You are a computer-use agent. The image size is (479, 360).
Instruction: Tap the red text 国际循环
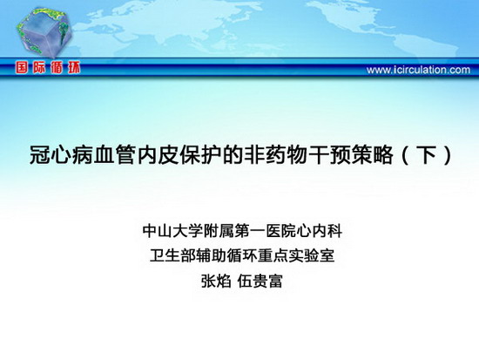coord(48,68)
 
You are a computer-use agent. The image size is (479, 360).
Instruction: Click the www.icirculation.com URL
coord(418,70)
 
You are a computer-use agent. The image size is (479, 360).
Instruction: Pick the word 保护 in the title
coord(199,155)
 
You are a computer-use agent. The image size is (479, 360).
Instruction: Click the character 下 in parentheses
coord(428,155)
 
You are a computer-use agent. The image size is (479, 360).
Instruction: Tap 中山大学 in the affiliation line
coord(172,231)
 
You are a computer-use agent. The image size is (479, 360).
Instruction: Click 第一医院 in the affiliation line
coord(266,231)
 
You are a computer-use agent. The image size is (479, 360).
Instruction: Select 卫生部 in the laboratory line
coord(172,255)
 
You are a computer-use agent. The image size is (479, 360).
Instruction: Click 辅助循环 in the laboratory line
coord(226,255)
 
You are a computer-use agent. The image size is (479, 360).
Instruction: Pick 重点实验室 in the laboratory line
coord(296,255)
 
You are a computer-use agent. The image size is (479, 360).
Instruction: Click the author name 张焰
coord(216,281)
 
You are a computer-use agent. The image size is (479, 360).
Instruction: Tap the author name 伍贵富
coord(260,281)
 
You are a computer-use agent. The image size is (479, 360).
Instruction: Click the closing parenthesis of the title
coord(448,155)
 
